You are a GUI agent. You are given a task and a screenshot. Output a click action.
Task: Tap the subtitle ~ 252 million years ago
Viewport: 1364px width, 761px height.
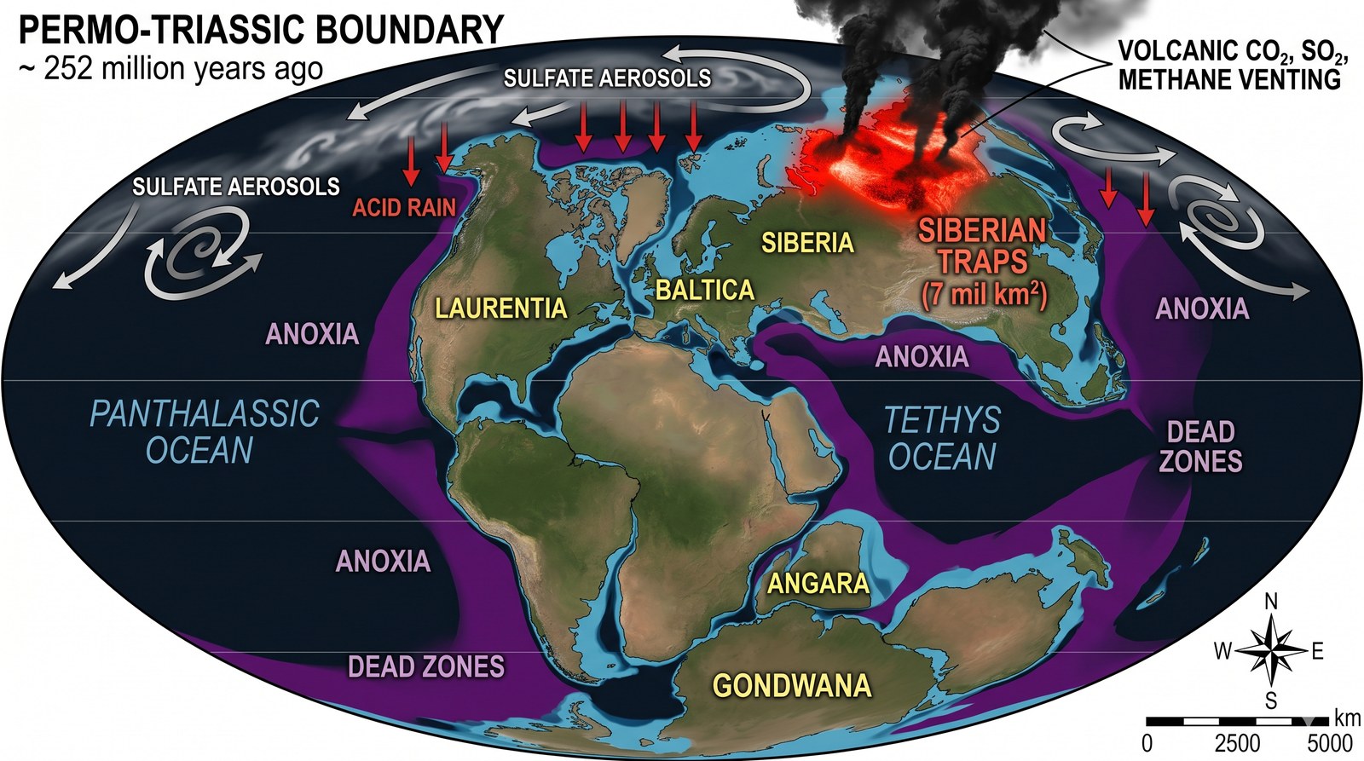point(170,68)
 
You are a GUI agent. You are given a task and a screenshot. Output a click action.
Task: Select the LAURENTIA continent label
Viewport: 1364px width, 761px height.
point(501,308)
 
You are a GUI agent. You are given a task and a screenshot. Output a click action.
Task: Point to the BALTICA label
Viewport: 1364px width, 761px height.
point(705,291)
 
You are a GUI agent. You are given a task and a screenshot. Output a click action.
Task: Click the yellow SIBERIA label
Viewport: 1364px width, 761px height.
point(807,243)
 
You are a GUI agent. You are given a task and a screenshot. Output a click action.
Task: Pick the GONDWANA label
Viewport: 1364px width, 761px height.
point(792,686)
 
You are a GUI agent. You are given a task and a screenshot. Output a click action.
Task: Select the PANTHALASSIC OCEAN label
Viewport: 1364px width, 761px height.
point(204,432)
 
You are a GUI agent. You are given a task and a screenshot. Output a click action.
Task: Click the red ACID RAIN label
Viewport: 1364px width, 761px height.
point(405,207)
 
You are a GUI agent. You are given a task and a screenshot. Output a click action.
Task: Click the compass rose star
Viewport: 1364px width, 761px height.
point(1270,651)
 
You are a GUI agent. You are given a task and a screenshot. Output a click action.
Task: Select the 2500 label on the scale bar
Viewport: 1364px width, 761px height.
point(1238,742)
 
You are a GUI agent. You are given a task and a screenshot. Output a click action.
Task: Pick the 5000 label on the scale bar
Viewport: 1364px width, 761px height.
point(1330,742)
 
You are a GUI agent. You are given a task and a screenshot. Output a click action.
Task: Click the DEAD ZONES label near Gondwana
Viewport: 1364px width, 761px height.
point(426,666)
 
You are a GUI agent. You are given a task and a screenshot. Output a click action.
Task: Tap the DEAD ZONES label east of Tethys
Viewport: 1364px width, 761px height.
point(1200,447)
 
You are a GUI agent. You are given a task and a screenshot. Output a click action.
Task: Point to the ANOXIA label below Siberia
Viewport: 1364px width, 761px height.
point(922,356)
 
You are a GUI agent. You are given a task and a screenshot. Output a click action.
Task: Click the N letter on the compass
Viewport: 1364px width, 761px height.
point(1270,602)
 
